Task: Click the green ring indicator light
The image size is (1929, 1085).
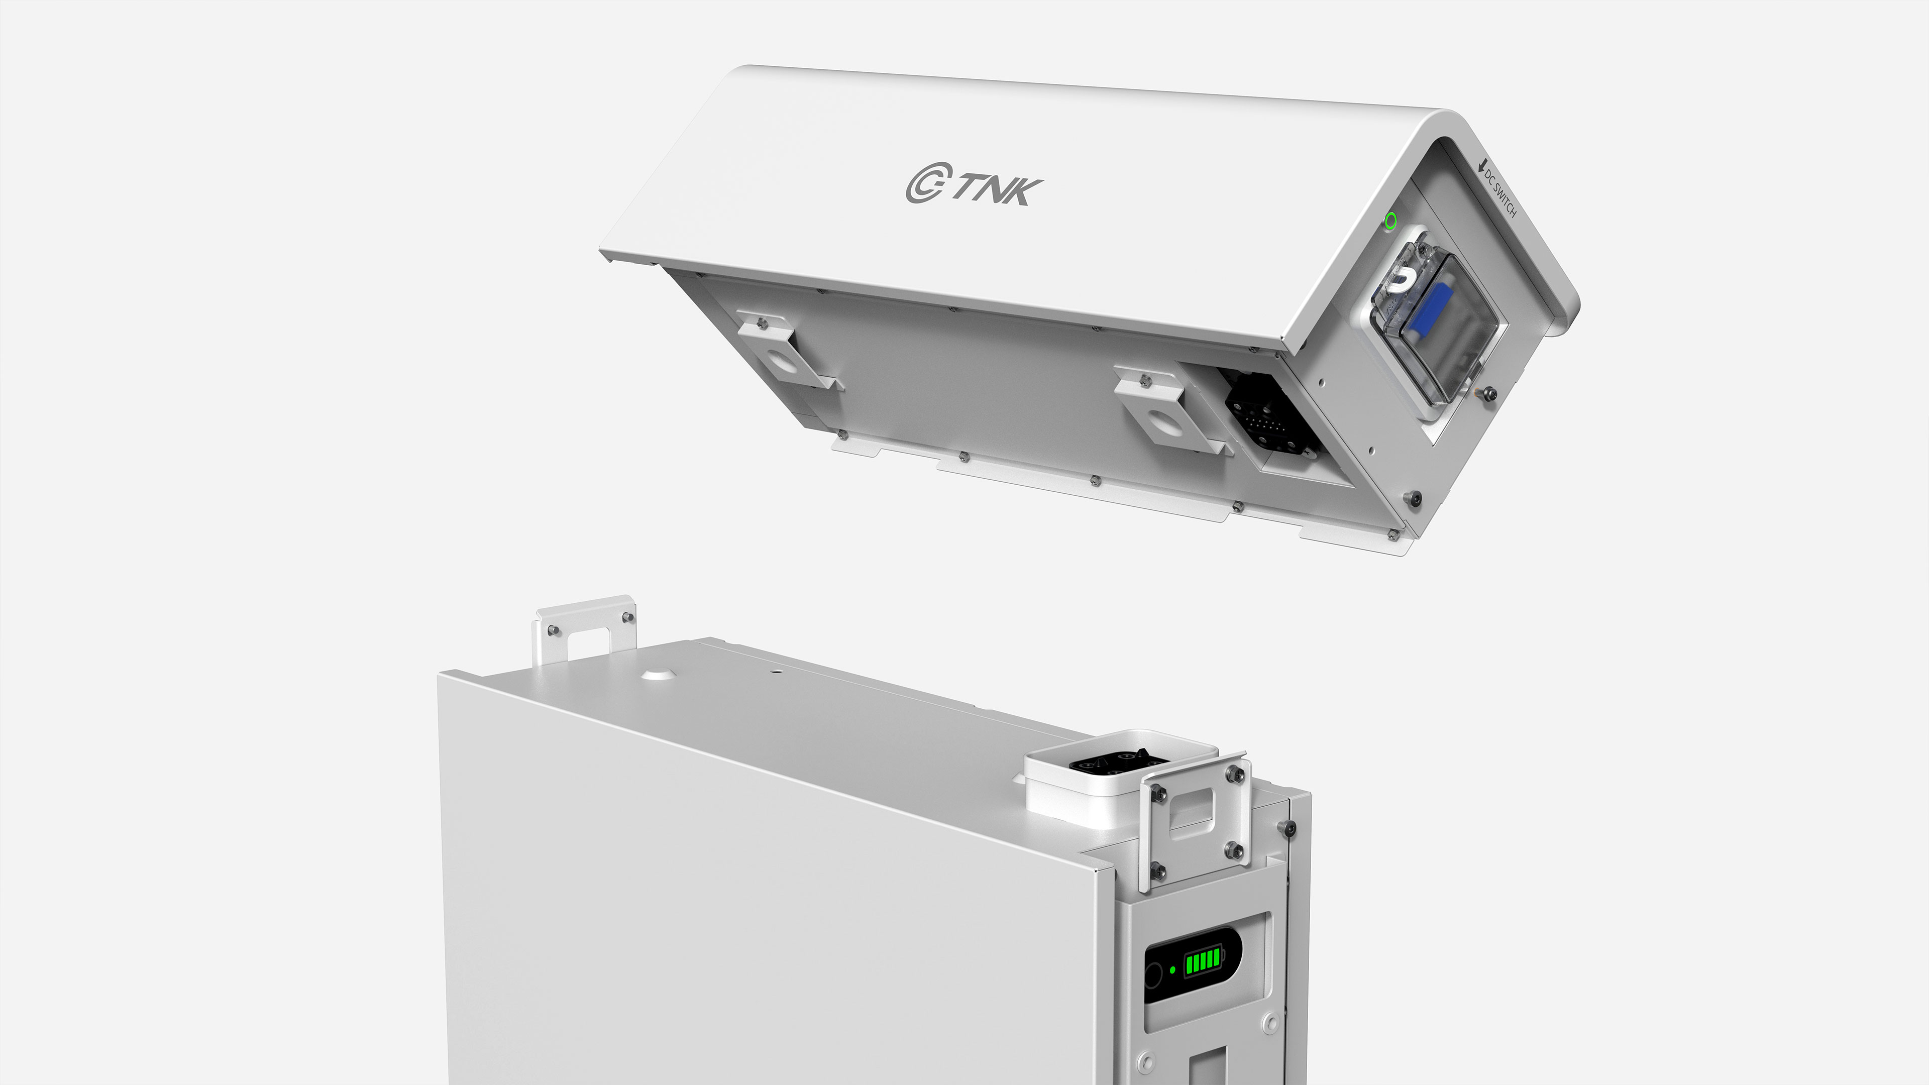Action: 1390,220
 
